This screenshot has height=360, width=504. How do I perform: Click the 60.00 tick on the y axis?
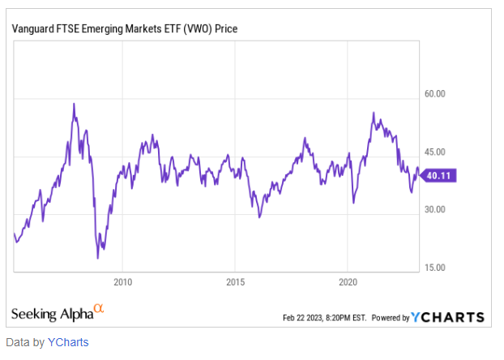[436, 94]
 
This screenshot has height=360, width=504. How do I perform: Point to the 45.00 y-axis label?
[436, 152]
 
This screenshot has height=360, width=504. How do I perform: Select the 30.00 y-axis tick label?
[436, 209]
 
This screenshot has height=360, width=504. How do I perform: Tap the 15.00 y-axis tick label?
[436, 268]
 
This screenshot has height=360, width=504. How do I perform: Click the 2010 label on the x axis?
[122, 282]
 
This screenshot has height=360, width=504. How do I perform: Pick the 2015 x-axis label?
[234, 282]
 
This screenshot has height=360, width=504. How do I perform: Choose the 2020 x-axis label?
[347, 282]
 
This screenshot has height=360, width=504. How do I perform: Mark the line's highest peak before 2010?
[74, 104]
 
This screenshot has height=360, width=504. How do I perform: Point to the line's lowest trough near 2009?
[97, 258]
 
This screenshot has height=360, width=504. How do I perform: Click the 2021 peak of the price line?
[373, 113]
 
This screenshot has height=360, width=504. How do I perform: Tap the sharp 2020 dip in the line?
[353, 202]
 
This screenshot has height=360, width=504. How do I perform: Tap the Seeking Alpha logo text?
[51, 314]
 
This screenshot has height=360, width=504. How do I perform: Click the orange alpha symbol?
[99, 309]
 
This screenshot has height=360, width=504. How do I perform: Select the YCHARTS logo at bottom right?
[448, 317]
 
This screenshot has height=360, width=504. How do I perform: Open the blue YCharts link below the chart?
[67, 342]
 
